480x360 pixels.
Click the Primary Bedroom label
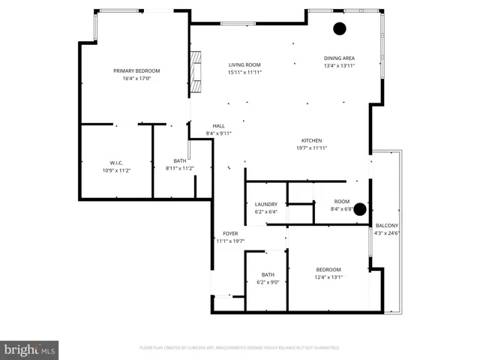click(136, 70)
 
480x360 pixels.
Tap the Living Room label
click(244, 64)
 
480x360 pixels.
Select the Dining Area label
click(339, 58)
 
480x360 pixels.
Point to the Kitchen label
click(311, 140)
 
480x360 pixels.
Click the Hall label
click(218, 126)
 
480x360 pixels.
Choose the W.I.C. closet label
click(115, 163)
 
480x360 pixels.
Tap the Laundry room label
click(266, 204)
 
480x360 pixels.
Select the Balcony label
click(387, 226)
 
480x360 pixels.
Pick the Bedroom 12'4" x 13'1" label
click(328, 270)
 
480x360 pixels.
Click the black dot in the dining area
click(340, 29)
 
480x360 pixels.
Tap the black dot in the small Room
click(360, 209)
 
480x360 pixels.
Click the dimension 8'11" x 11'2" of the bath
click(180, 168)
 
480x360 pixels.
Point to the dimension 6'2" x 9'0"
click(268, 282)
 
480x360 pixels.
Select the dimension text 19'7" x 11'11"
click(311, 148)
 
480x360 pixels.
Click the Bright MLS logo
click(30, 349)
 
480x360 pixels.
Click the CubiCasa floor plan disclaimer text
click(239, 347)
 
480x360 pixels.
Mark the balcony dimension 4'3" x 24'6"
click(387, 232)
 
